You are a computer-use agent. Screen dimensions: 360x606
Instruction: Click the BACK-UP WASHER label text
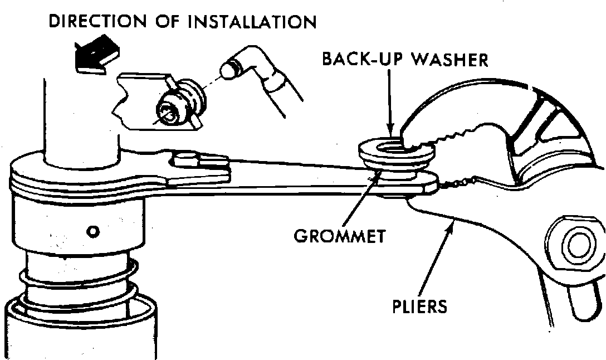coord(404,59)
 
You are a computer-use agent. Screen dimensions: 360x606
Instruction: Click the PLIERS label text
coord(420,306)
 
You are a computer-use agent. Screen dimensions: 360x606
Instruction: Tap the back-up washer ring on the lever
coord(393,150)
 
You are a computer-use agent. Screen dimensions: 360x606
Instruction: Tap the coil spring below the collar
coord(78,284)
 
